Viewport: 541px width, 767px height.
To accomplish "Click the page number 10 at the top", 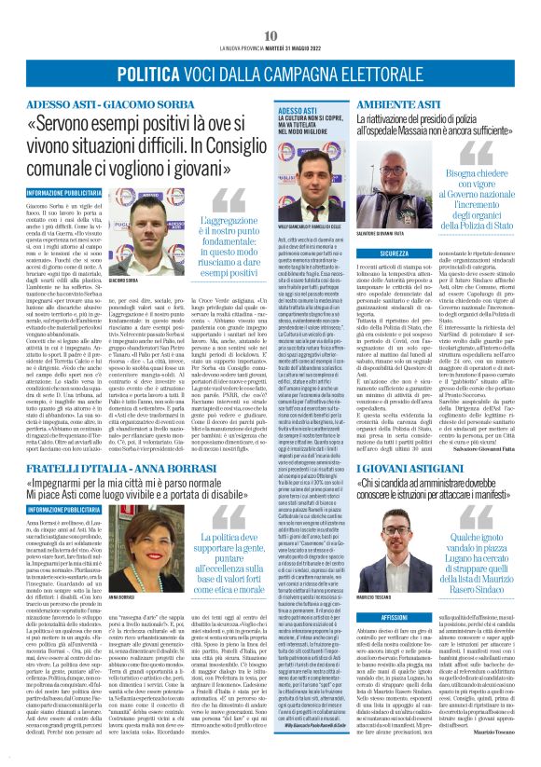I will (x=270, y=11).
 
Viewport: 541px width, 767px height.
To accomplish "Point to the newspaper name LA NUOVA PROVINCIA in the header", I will (x=243, y=24).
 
